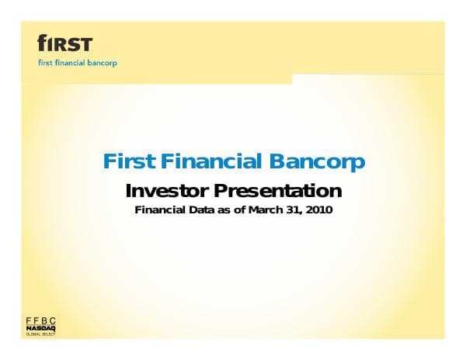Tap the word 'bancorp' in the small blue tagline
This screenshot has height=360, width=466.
[x=102, y=63]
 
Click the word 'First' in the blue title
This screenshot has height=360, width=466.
[x=130, y=162]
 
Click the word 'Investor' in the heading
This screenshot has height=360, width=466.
[x=168, y=191]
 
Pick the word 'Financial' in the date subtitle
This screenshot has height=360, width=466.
[x=160, y=211]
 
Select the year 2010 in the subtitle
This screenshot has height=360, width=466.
[x=320, y=211]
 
